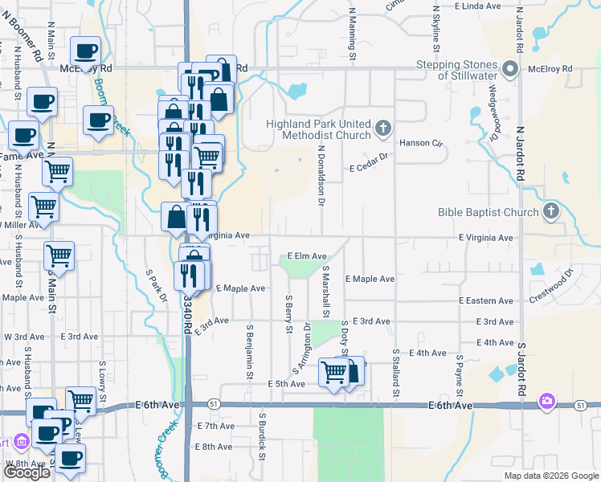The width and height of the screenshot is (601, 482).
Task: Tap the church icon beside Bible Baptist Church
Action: click(x=550, y=212)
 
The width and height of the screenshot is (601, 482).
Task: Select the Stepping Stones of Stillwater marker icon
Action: click(x=506, y=67)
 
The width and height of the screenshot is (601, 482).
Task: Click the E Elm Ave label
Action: click(x=307, y=255)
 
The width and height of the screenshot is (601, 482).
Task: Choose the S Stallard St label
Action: click(x=396, y=372)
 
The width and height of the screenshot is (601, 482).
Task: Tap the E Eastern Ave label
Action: click(x=486, y=300)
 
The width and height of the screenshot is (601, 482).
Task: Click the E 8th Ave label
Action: click(x=215, y=446)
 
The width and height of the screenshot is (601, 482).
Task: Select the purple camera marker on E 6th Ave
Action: click(x=547, y=400)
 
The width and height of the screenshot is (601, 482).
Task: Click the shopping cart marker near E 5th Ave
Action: click(x=333, y=372)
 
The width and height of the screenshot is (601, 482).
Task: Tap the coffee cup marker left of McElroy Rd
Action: click(x=84, y=52)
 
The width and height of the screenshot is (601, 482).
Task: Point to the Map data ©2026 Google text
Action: click(x=550, y=476)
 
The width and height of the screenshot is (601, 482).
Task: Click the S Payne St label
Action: click(x=459, y=369)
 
